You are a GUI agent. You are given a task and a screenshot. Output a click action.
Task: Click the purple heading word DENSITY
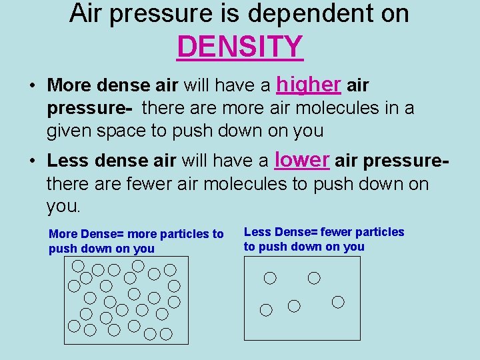[240, 47]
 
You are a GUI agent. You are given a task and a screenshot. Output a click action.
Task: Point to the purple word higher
[309, 85]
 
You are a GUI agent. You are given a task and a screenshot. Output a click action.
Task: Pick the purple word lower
[302, 159]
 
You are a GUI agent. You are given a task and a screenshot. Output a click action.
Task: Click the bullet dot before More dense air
[32, 87]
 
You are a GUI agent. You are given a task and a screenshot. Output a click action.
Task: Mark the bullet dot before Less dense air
[32, 161]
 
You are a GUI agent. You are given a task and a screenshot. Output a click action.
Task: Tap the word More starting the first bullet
[70, 86]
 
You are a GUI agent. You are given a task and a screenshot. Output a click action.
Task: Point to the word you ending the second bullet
[63, 207]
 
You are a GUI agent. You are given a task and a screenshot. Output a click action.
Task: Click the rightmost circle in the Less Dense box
[338, 302]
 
